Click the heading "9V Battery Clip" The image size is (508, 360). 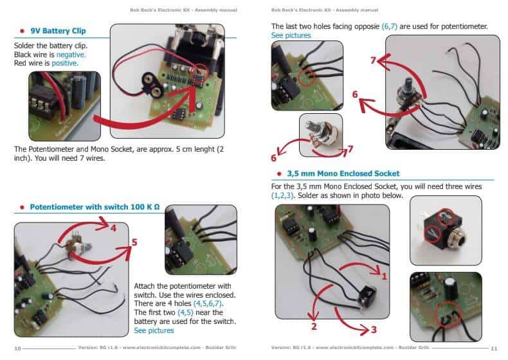pyautogui.click(x=58, y=31)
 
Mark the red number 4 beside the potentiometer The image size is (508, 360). pyautogui.click(x=113, y=228)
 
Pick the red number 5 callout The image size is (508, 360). pyautogui.click(x=134, y=243)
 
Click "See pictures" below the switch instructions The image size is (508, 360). pyautogui.click(x=154, y=330)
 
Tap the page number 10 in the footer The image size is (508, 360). pyautogui.click(x=18, y=348)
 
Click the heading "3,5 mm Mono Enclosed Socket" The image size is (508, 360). pyautogui.click(x=343, y=174)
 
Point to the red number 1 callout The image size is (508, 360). pyautogui.click(x=385, y=277)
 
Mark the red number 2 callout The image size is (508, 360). pyautogui.click(x=315, y=326)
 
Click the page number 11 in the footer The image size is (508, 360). pyautogui.click(x=494, y=348)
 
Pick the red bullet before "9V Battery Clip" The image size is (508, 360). pyautogui.click(x=22, y=31)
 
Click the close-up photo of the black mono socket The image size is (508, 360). pyautogui.click(x=446, y=230)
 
